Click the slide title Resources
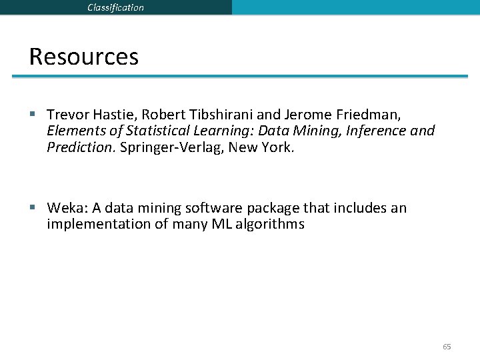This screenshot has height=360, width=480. pyautogui.click(x=83, y=57)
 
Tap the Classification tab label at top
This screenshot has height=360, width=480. pyautogui.click(x=115, y=7)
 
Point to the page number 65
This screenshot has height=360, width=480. pyautogui.click(x=447, y=347)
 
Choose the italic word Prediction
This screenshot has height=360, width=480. pyautogui.click(x=80, y=147)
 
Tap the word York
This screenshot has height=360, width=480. pyautogui.click(x=275, y=147)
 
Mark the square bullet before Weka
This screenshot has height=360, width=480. pyautogui.click(x=33, y=207)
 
